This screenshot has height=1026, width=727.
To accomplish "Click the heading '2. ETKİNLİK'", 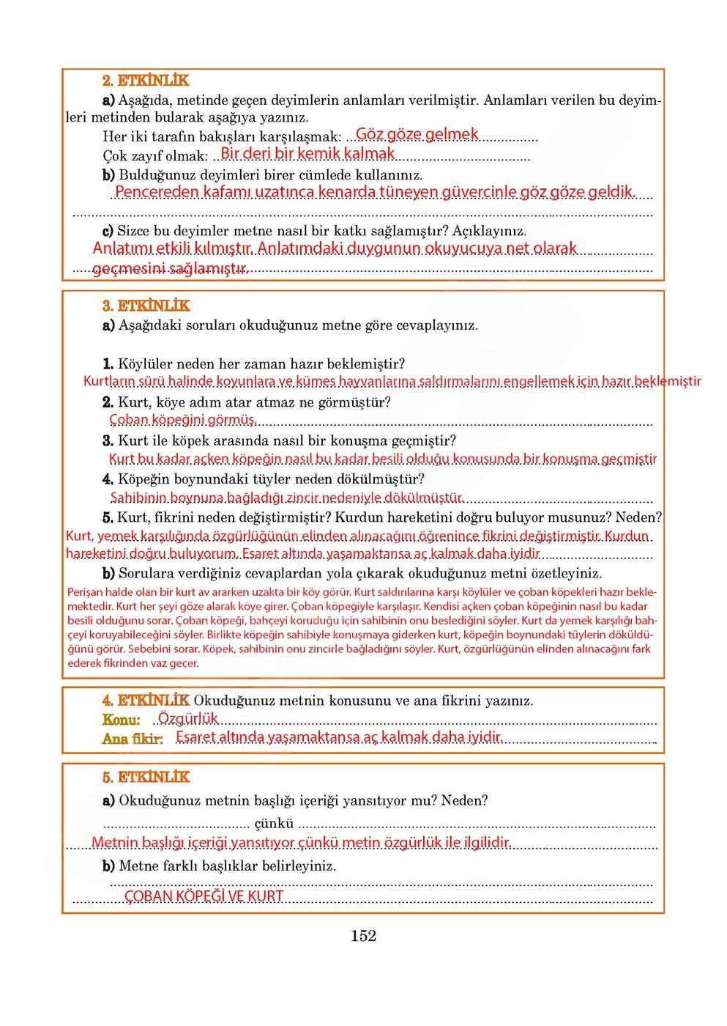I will (x=146, y=81).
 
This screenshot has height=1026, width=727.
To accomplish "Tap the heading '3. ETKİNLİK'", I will (x=146, y=306).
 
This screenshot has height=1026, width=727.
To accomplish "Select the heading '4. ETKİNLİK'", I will (x=146, y=701).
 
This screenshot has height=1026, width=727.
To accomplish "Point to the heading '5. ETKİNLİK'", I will (x=146, y=778).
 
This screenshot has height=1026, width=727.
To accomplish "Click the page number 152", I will (x=363, y=936).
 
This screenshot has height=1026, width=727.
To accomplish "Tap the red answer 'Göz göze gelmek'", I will (x=417, y=134).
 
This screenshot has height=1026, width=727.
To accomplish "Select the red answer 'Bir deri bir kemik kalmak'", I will (x=307, y=154).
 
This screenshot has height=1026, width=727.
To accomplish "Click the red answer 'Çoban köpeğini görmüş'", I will (x=182, y=420).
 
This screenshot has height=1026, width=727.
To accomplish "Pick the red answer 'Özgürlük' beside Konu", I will (x=188, y=719).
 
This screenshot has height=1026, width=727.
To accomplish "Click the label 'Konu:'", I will (x=122, y=720).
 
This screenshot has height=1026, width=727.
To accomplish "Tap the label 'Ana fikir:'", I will (x=133, y=739).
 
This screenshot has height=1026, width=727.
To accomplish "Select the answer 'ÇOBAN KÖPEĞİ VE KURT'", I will (x=204, y=896).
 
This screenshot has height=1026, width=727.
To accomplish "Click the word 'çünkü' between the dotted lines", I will (x=274, y=824).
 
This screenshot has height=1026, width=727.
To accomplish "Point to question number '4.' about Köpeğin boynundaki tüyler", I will (x=108, y=479).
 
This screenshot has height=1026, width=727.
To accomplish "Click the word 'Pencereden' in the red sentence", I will (x=157, y=192).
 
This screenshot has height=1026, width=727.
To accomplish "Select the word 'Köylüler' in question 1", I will (x=147, y=364).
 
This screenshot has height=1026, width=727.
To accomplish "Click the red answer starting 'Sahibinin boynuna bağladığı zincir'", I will (x=286, y=498).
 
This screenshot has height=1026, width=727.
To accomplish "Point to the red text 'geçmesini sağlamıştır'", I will (x=171, y=269).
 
